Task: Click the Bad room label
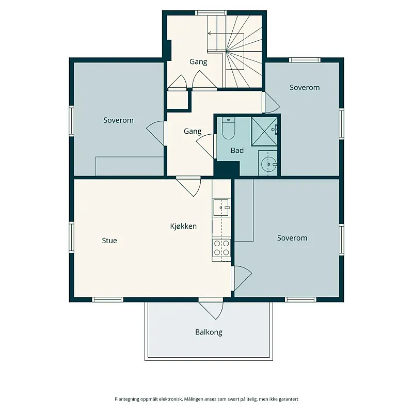(237, 150)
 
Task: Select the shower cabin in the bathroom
(264, 131)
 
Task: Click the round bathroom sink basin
(268, 164)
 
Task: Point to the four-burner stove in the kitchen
(221, 248)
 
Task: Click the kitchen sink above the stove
(221, 208)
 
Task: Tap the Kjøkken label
(183, 226)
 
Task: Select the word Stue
(109, 241)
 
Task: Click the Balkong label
(209, 332)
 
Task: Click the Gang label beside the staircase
(198, 62)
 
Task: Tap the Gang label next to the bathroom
(193, 131)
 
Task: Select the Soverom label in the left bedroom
(118, 120)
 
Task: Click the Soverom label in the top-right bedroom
(305, 87)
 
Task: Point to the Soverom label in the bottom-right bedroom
(292, 238)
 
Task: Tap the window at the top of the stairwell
(211, 12)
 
